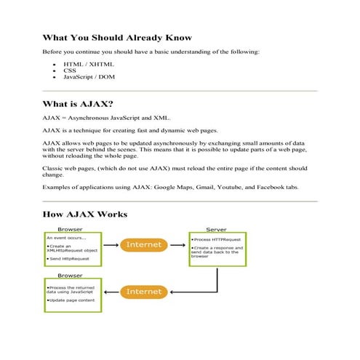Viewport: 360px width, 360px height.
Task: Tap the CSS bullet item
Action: point(70,71)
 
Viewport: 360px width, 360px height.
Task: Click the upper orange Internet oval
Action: point(143,245)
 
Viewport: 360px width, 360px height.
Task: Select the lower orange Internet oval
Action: point(143,292)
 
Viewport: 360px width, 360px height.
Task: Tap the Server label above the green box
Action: point(216,229)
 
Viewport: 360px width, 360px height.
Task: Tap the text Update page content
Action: point(71,300)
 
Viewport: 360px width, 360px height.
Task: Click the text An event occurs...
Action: point(66,237)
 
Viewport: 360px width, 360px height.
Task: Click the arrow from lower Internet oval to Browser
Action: point(111,292)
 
